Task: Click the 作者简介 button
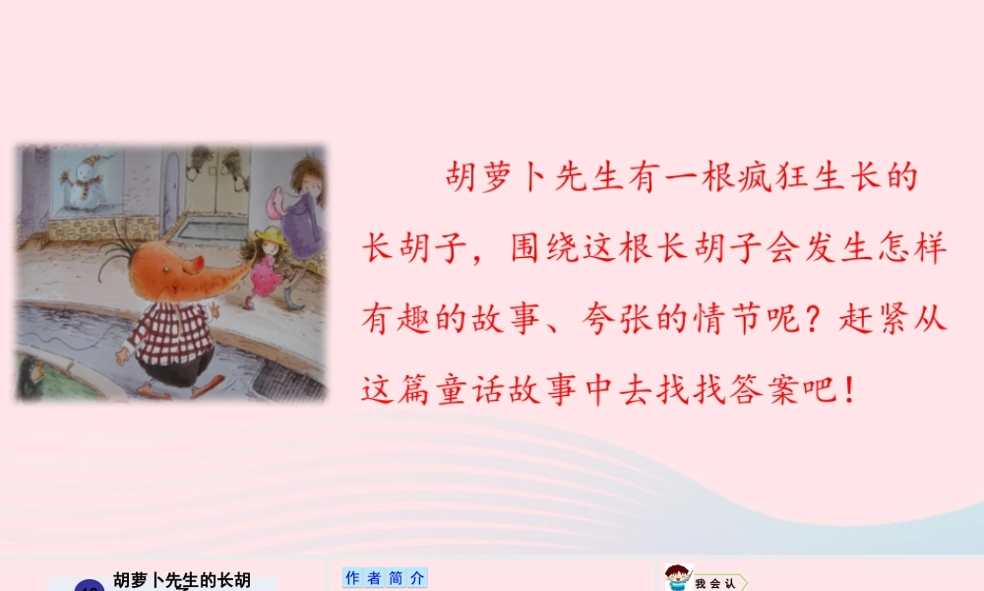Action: (385, 578)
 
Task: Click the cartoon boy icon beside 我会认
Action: (677, 578)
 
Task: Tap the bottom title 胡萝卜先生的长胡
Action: (182, 580)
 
